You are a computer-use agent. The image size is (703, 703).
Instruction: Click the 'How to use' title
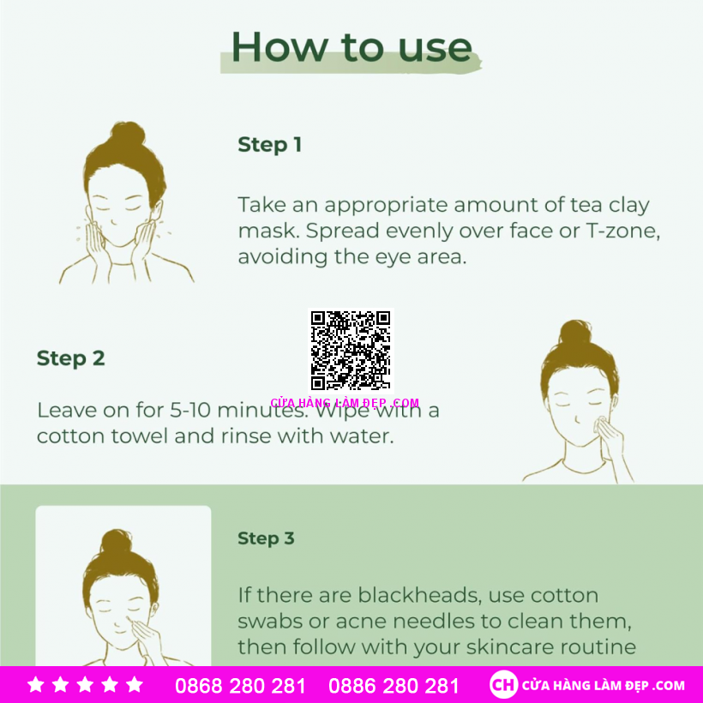coord(351,47)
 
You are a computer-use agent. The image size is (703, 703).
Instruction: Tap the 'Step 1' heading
coord(269,145)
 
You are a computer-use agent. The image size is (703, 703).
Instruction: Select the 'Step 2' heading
coord(71,358)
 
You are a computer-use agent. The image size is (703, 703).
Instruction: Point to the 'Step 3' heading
coord(266,538)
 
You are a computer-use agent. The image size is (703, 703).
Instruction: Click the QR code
coord(351,350)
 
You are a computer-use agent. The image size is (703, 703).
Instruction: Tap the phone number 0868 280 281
coord(240,686)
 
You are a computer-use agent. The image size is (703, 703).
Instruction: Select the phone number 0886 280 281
coord(394,686)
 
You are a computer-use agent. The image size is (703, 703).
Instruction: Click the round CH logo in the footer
coord(503,685)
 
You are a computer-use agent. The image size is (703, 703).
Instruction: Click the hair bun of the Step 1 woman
coord(128,134)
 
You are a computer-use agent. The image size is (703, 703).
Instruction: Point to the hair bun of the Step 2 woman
coord(575,333)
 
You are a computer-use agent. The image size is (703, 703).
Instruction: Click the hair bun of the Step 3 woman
coord(117,542)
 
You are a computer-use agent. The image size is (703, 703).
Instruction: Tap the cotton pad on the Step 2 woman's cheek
coord(600,424)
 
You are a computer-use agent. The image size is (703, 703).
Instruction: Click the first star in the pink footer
coord(36,685)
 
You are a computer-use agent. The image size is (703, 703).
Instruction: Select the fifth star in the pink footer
coord(135,685)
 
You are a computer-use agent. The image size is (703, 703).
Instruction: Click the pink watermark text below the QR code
coord(345,403)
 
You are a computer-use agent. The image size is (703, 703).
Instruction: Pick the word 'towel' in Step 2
coord(140,436)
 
